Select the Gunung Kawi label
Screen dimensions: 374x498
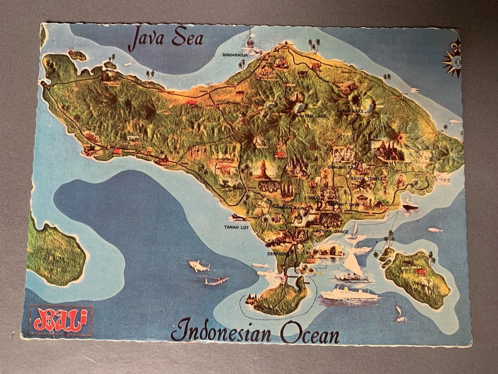click(343, 167)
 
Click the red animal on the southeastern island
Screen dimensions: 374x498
click(421, 272)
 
